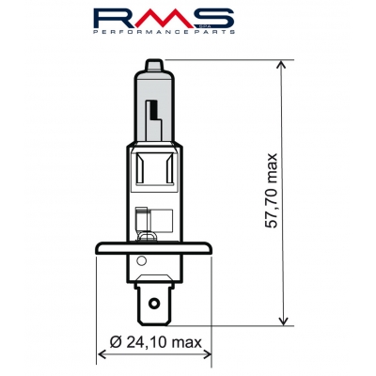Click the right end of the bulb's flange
click(x=210, y=249)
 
